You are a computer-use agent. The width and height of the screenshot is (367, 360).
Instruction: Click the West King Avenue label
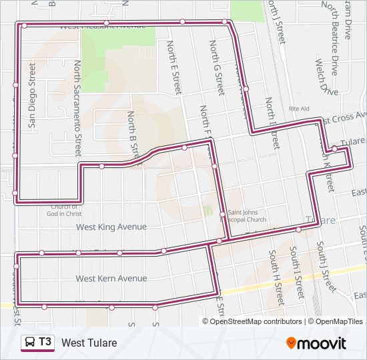pyautogui.click(x=111, y=227)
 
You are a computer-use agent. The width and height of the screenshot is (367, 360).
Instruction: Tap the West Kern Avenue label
pyautogui.click(x=111, y=278)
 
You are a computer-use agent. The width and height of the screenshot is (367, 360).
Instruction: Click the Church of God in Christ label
pyautogui.click(x=64, y=210)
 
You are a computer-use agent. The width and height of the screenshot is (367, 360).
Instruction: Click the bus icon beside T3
pyautogui.click(x=30, y=343)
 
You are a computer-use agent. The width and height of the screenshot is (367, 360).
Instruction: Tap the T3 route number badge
pyautogui.click(x=45, y=343)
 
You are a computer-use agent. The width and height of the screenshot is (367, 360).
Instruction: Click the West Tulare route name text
pyautogui.click(x=89, y=343)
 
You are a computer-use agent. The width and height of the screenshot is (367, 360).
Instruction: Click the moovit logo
pyautogui.click(x=316, y=343)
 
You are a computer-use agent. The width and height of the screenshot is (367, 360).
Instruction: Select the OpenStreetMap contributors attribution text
pyautogui.click(x=256, y=321)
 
